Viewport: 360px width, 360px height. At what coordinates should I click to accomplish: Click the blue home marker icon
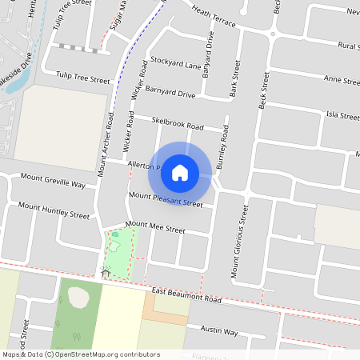coord(180,172)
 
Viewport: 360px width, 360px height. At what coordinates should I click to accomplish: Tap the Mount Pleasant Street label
coord(166,199)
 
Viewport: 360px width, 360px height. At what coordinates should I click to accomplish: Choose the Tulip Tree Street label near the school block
coord(82,78)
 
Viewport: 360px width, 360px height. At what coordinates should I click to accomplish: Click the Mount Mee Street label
coord(155,228)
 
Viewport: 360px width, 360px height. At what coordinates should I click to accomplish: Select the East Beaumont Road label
coord(186,296)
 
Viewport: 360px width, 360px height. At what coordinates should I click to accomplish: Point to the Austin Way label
coord(219,330)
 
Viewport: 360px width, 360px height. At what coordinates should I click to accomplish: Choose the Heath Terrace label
coord(214,15)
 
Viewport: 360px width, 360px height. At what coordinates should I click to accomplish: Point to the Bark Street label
coord(235,78)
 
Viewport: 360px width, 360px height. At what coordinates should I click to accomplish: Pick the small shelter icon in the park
coord(105,274)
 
